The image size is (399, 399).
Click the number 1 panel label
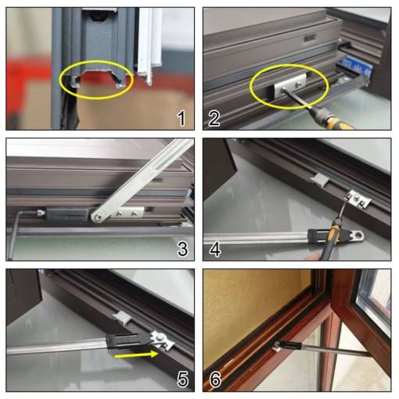coord(182,118)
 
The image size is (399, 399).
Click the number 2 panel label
coord(214,118)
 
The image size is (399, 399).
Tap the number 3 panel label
coord(182,249)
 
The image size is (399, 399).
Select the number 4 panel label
coord(215,249)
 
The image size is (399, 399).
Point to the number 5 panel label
coord(182,379)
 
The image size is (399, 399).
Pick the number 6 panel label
coord(215,379)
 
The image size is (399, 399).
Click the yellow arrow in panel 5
coord(136,354)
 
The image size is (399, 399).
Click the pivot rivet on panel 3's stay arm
coord(98,217)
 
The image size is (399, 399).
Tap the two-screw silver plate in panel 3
coord(127,214)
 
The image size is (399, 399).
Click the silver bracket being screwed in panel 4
coord(358,199)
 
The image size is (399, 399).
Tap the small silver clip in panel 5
coord(122,318)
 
